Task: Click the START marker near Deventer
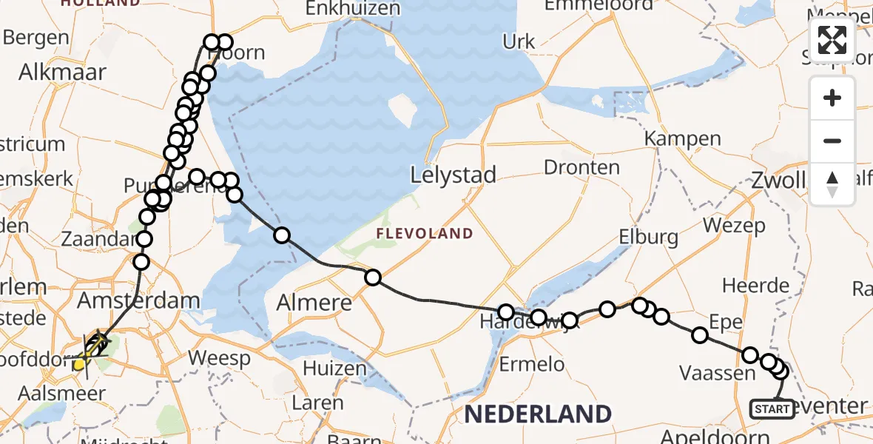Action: coord(772,408)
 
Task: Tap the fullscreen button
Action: coord(832,40)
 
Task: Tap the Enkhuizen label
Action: coord(353,9)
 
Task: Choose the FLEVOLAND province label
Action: coord(424,234)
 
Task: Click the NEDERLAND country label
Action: coord(538,414)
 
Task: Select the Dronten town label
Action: coord(582,167)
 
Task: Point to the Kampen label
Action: coord(682,138)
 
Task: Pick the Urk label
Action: coord(519,41)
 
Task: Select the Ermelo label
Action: coord(532,364)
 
